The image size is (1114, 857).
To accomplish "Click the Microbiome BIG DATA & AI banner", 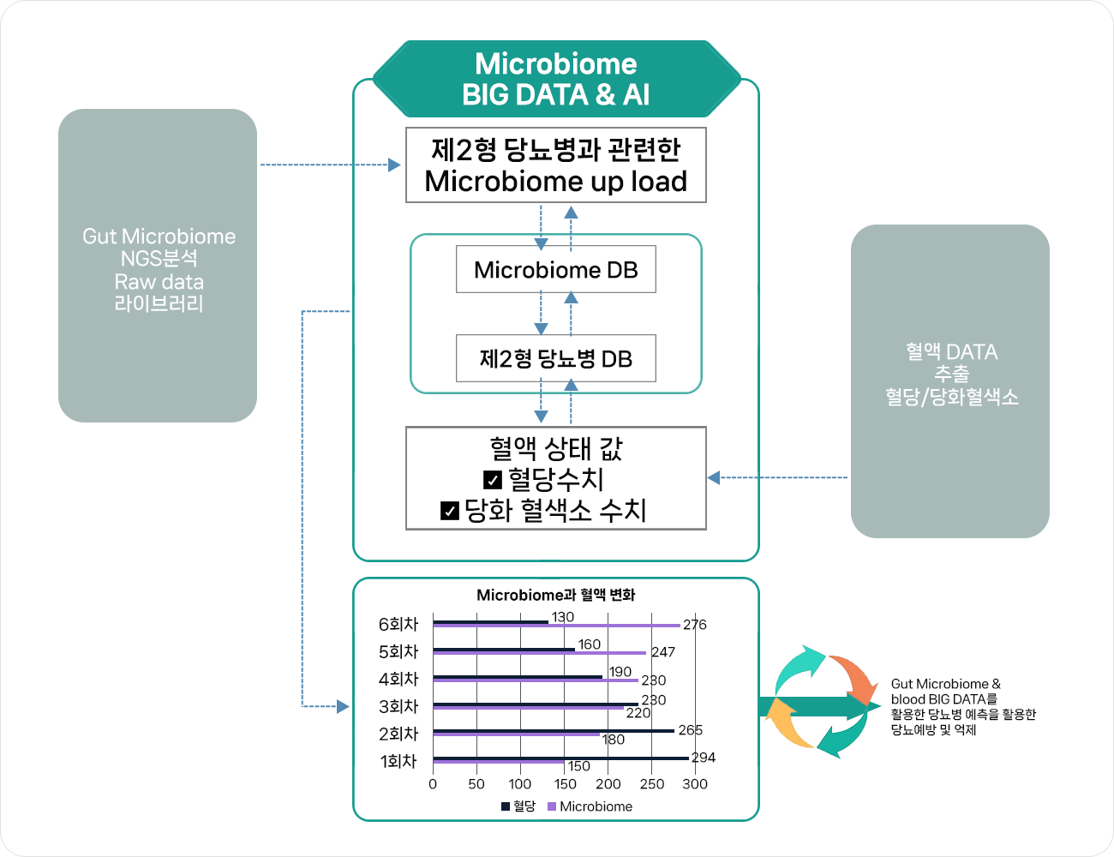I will (x=556, y=79).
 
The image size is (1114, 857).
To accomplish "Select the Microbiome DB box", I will (x=556, y=270).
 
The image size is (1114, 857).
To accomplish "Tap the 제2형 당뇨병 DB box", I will (x=556, y=358).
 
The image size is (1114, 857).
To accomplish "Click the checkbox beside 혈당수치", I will (x=493, y=480).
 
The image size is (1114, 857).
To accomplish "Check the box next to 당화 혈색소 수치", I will (x=450, y=511).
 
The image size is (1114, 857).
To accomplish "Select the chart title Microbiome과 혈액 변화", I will (x=556, y=595).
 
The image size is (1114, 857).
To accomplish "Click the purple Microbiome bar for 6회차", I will (x=556, y=626).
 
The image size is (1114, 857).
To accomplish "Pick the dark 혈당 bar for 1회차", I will (x=560, y=758).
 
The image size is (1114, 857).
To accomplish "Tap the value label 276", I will (x=695, y=625).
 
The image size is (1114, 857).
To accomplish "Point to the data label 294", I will (x=704, y=758).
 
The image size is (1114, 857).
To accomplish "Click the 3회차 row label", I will (x=398, y=706).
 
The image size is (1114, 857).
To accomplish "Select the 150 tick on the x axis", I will (x=565, y=784).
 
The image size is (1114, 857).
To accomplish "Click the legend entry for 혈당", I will (x=519, y=806).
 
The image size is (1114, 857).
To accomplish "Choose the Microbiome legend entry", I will (x=590, y=806).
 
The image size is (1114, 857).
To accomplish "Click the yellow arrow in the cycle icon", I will (x=787, y=725).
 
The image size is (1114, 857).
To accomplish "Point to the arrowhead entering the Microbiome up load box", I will (x=394, y=165).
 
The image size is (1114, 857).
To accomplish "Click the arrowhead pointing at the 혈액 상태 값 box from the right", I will (x=714, y=477).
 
